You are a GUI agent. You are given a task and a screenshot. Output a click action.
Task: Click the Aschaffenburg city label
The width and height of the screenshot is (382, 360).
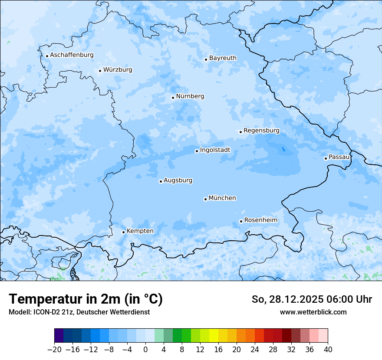point(72,55)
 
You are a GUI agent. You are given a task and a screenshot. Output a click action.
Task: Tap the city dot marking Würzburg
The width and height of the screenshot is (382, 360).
point(100,71)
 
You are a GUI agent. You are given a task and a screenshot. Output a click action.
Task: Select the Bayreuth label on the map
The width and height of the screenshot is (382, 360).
point(223,58)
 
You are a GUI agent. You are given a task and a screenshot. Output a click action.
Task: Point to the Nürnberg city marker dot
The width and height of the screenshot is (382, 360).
point(173,98)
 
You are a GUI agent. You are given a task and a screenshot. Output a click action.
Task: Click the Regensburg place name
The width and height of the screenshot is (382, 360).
point(261,131)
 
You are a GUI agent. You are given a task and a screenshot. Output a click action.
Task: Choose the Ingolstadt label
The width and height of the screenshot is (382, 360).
point(215,150)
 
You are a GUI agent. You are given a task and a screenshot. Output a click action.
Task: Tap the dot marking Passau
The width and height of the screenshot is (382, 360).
point(326,158)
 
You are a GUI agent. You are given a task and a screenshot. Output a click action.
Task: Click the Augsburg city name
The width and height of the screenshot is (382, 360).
point(178,180)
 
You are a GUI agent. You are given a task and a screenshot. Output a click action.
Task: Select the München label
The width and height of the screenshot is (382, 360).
point(222,198)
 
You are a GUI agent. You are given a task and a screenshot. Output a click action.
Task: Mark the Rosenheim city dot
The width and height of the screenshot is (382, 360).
point(241,221)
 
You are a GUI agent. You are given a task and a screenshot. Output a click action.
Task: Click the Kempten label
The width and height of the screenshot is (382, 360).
point(140,231)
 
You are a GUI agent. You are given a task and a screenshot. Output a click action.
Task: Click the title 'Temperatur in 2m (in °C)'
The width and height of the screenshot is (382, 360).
point(86,299)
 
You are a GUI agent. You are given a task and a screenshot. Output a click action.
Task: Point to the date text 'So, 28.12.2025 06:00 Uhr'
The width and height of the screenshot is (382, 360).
point(312,299)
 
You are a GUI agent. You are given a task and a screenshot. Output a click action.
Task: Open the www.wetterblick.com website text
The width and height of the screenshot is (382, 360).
point(313,312)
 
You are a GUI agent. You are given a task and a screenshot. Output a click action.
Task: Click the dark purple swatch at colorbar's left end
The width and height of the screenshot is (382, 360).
point(59,336)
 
